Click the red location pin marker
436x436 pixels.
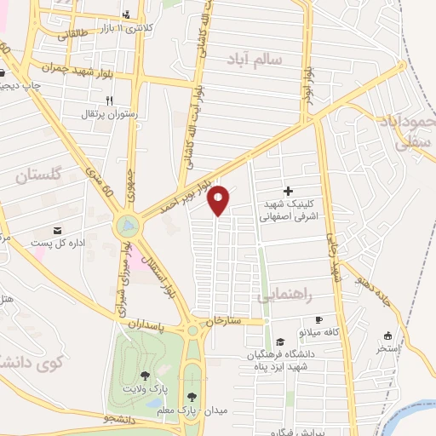[x=219, y=199]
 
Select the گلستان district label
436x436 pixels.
[x=40, y=176]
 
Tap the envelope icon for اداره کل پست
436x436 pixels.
[x=58, y=230]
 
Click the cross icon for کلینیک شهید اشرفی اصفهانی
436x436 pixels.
[x=288, y=192]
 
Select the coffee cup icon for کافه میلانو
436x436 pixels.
[x=319, y=318]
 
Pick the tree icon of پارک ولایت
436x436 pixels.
[x=145, y=376]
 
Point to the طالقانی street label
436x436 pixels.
[x=72, y=34]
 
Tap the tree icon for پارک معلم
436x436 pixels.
[x=192, y=397]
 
